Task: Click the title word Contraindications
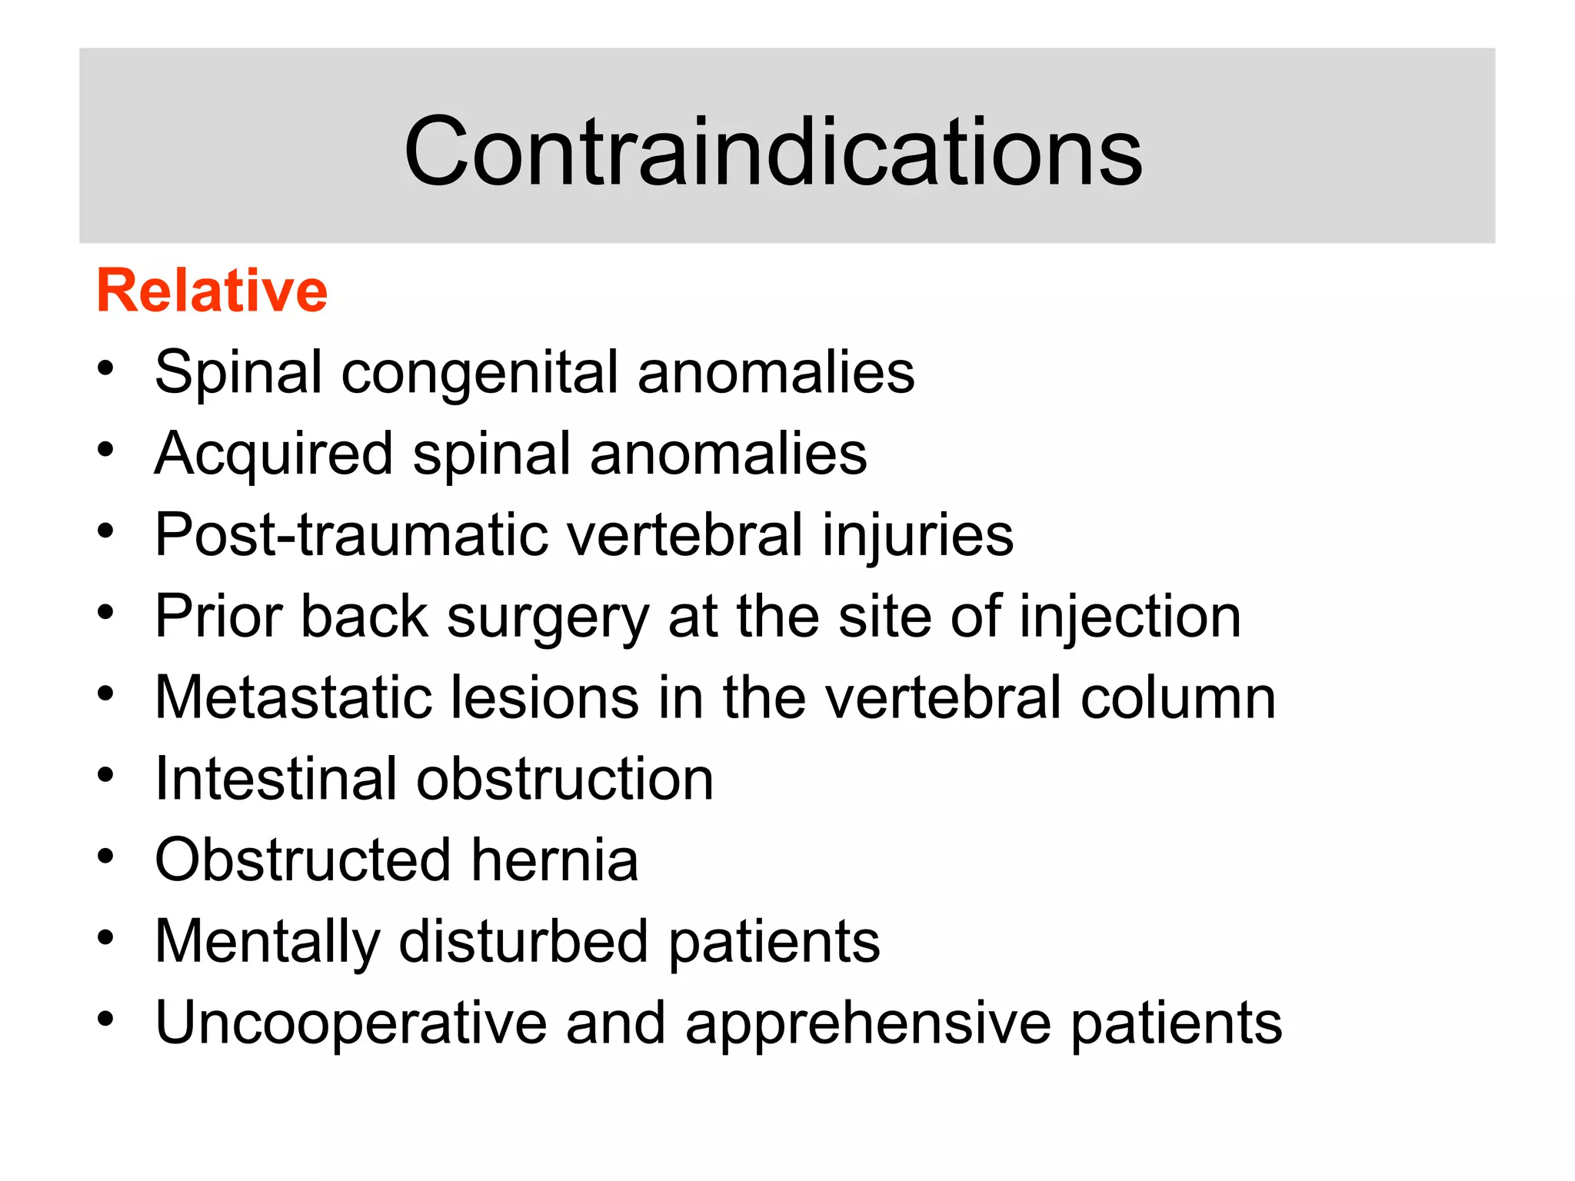click(773, 151)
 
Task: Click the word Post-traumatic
click(351, 535)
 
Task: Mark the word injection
click(1130, 617)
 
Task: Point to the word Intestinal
click(275, 779)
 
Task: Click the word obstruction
click(565, 779)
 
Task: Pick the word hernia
click(554, 860)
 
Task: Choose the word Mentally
click(268, 943)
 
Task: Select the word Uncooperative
click(351, 1024)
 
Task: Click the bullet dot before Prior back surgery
click(105, 612)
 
